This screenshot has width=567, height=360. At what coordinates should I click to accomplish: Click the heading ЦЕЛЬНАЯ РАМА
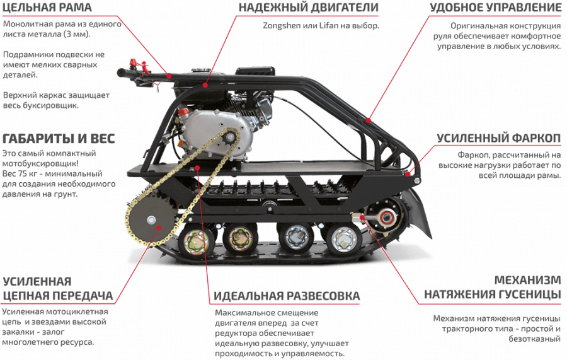47,8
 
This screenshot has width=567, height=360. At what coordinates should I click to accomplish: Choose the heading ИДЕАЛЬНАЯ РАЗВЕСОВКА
287,296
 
